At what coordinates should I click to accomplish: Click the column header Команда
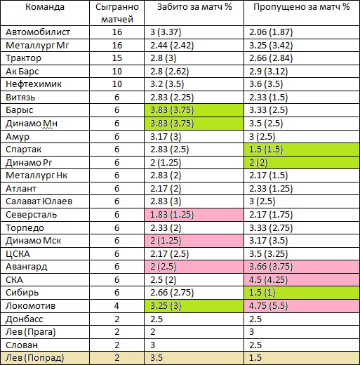pyautogui.click(x=45, y=7)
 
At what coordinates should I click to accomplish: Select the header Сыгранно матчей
pyautogui.click(x=117, y=13)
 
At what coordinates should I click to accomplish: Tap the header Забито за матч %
pyautogui.click(x=194, y=7)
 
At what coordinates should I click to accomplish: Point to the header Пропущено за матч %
pyautogui.click(x=302, y=7)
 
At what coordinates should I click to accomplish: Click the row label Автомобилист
pyautogui.click(x=38, y=32)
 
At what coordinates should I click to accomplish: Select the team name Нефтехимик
pyautogui.click(x=34, y=84)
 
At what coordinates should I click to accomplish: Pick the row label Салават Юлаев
pyautogui.click(x=39, y=201)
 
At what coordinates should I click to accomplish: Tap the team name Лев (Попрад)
pyautogui.click(x=35, y=358)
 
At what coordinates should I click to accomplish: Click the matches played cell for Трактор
pyautogui.click(x=117, y=58)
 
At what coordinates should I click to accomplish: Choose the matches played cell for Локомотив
pyautogui.click(x=117, y=306)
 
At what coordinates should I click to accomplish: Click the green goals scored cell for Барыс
pyautogui.click(x=194, y=110)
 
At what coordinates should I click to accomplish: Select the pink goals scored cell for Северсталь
pyautogui.click(x=194, y=215)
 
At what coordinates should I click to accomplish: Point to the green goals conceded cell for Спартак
pyautogui.click(x=302, y=150)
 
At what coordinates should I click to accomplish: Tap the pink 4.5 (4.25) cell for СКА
pyautogui.click(x=302, y=280)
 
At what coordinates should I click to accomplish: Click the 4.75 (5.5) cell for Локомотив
pyautogui.click(x=302, y=306)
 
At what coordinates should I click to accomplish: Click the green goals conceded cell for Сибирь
pyautogui.click(x=302, y=293)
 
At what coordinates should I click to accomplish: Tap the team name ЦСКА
pyautogui.click(x=18, y=254)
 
